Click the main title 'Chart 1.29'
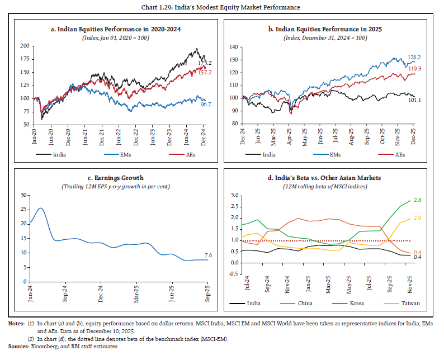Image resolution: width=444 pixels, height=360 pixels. (x=222, y=7)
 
